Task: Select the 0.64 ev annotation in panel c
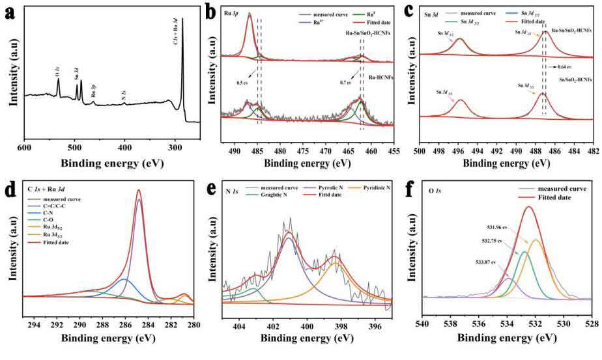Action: click(x=565, y=66)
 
